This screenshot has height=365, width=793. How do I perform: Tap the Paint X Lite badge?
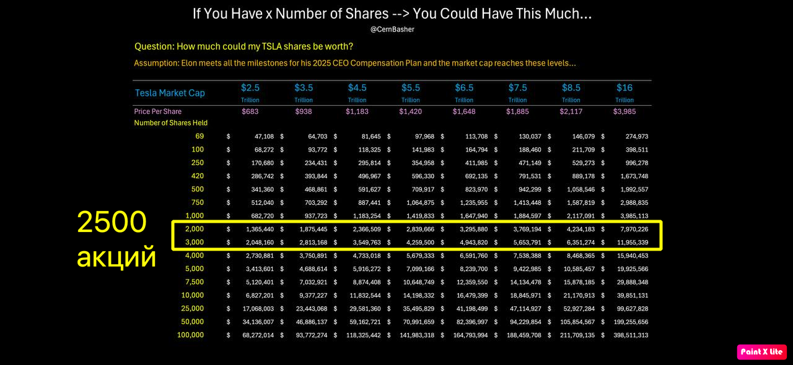click(761, 352)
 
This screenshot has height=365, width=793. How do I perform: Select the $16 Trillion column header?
click(624, 92)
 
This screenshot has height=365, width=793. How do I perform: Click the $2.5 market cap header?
click(250, 92)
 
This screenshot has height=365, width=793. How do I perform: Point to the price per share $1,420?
click(411, 111)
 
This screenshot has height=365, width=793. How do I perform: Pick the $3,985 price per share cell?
click(624, 111)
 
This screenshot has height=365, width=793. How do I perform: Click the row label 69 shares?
click(199, 136)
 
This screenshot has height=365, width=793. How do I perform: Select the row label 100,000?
click(190, 335)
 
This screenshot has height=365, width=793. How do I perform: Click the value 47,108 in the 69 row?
click(260, 136)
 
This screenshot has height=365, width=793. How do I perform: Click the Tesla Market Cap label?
click(170, 93)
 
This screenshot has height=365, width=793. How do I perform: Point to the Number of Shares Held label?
click(171, 123)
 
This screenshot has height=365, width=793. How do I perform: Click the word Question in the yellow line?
click(154, 46)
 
